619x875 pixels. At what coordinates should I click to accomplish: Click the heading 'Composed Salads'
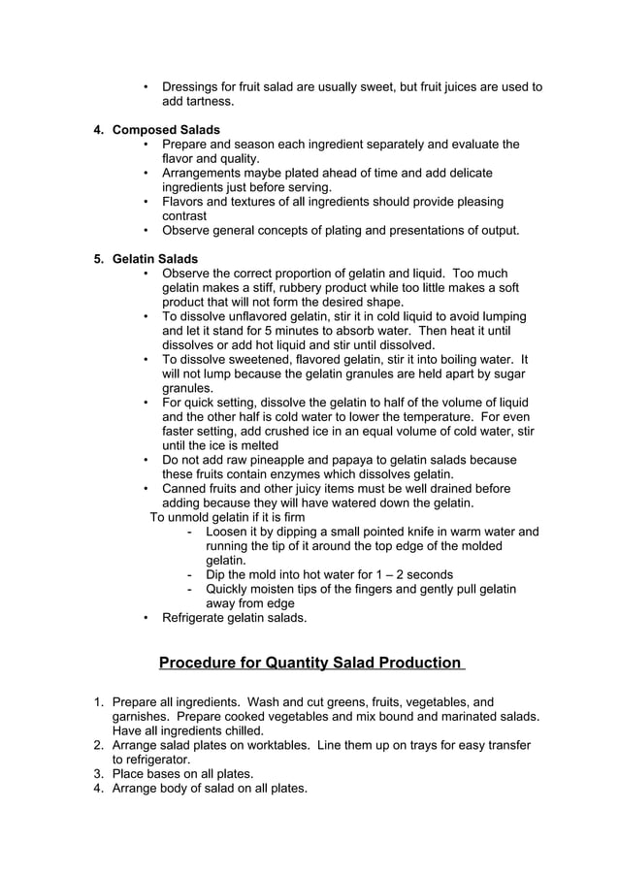coord(166,130)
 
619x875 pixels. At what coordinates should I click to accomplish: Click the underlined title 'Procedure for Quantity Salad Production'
coord(309,663)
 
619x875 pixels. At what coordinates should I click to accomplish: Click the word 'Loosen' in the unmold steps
coord(228,532)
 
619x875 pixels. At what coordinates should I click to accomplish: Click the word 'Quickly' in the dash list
coord(230,589)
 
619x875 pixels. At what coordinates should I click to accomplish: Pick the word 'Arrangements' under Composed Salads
coord(203,173)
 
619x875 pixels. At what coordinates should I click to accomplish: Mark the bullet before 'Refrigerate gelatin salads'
coord(146,617)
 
